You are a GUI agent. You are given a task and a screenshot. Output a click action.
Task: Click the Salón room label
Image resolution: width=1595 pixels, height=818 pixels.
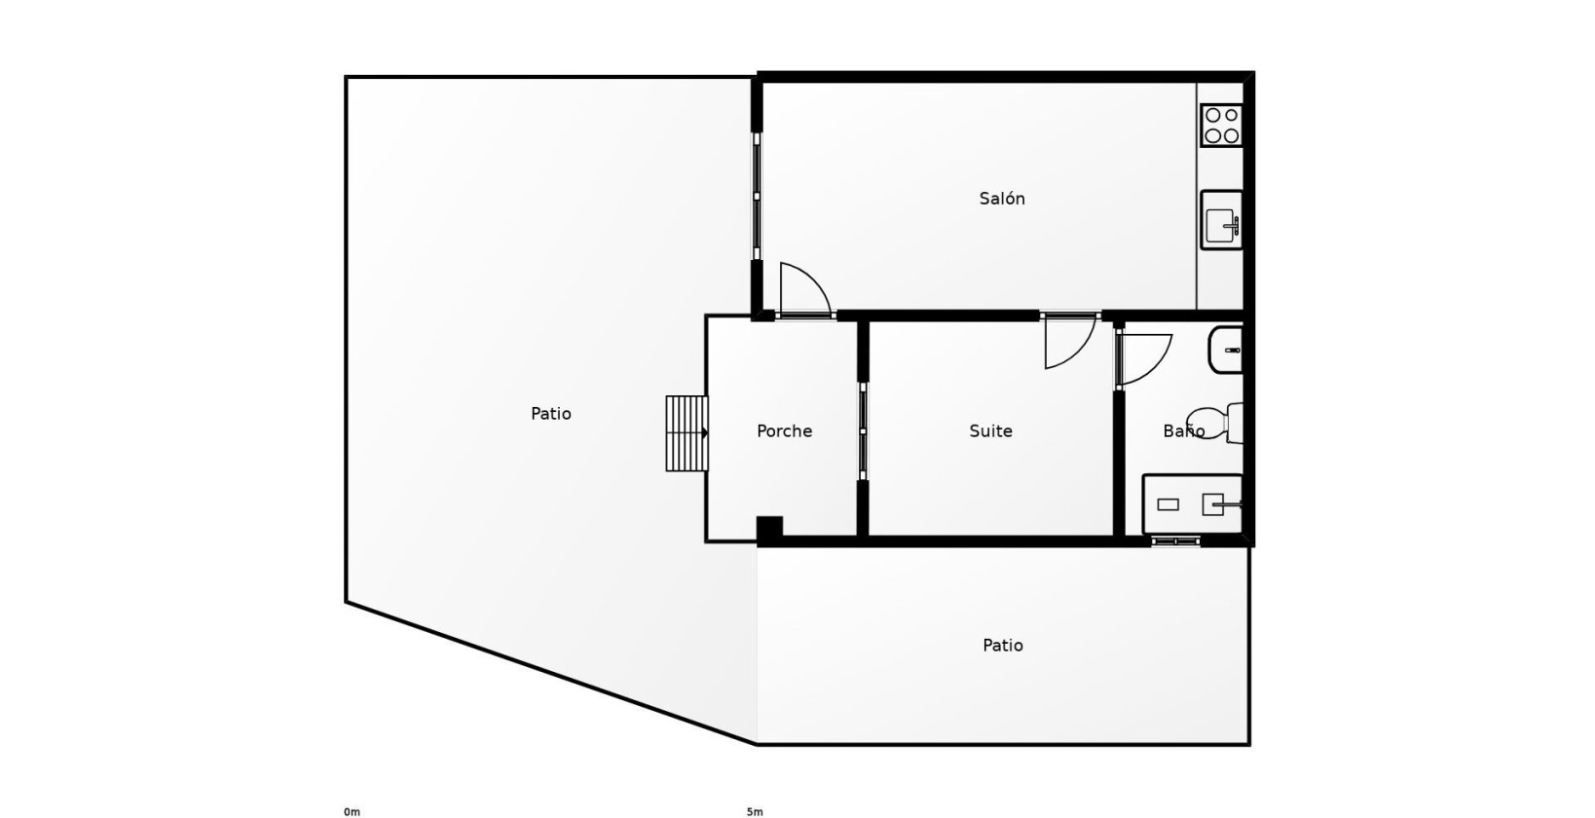pos(1002,199)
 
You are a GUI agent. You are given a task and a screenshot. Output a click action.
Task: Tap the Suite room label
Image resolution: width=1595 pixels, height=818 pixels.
pos(990,431)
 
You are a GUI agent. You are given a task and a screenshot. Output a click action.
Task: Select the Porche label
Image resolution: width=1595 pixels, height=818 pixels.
pos(784,431)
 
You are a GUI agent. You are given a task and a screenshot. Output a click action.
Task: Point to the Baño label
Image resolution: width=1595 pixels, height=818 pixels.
pos(1183,431)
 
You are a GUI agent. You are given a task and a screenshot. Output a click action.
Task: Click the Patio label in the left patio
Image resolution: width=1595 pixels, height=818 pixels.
pos(551,414)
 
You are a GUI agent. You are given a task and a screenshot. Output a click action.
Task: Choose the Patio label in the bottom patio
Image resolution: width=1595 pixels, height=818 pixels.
pos(1002,646)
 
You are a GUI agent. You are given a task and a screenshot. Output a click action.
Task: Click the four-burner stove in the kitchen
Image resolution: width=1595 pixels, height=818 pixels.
pos(1221,126)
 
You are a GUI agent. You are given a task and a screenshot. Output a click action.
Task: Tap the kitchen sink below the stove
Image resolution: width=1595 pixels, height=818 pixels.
pos(1221,221)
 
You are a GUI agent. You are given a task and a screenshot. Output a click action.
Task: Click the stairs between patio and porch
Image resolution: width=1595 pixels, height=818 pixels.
pos(686,433)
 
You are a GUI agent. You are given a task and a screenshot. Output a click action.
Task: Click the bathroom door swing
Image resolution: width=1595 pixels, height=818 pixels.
pos(1144,358)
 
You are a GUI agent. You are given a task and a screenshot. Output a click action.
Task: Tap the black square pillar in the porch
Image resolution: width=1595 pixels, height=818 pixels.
pos(769,529)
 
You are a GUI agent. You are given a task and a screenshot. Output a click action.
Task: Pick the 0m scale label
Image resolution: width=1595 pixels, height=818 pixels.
pos(352,811)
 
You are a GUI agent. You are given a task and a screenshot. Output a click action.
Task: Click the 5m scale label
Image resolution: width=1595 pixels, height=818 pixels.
pos(755,811)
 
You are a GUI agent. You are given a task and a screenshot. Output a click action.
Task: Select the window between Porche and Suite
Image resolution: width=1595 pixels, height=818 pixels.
pos(863,430)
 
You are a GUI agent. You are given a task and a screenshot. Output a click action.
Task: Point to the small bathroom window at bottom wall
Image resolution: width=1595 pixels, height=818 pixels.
pos(1175,541)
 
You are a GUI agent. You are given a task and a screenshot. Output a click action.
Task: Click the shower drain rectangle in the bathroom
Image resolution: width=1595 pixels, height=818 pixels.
pos(1168,504)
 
